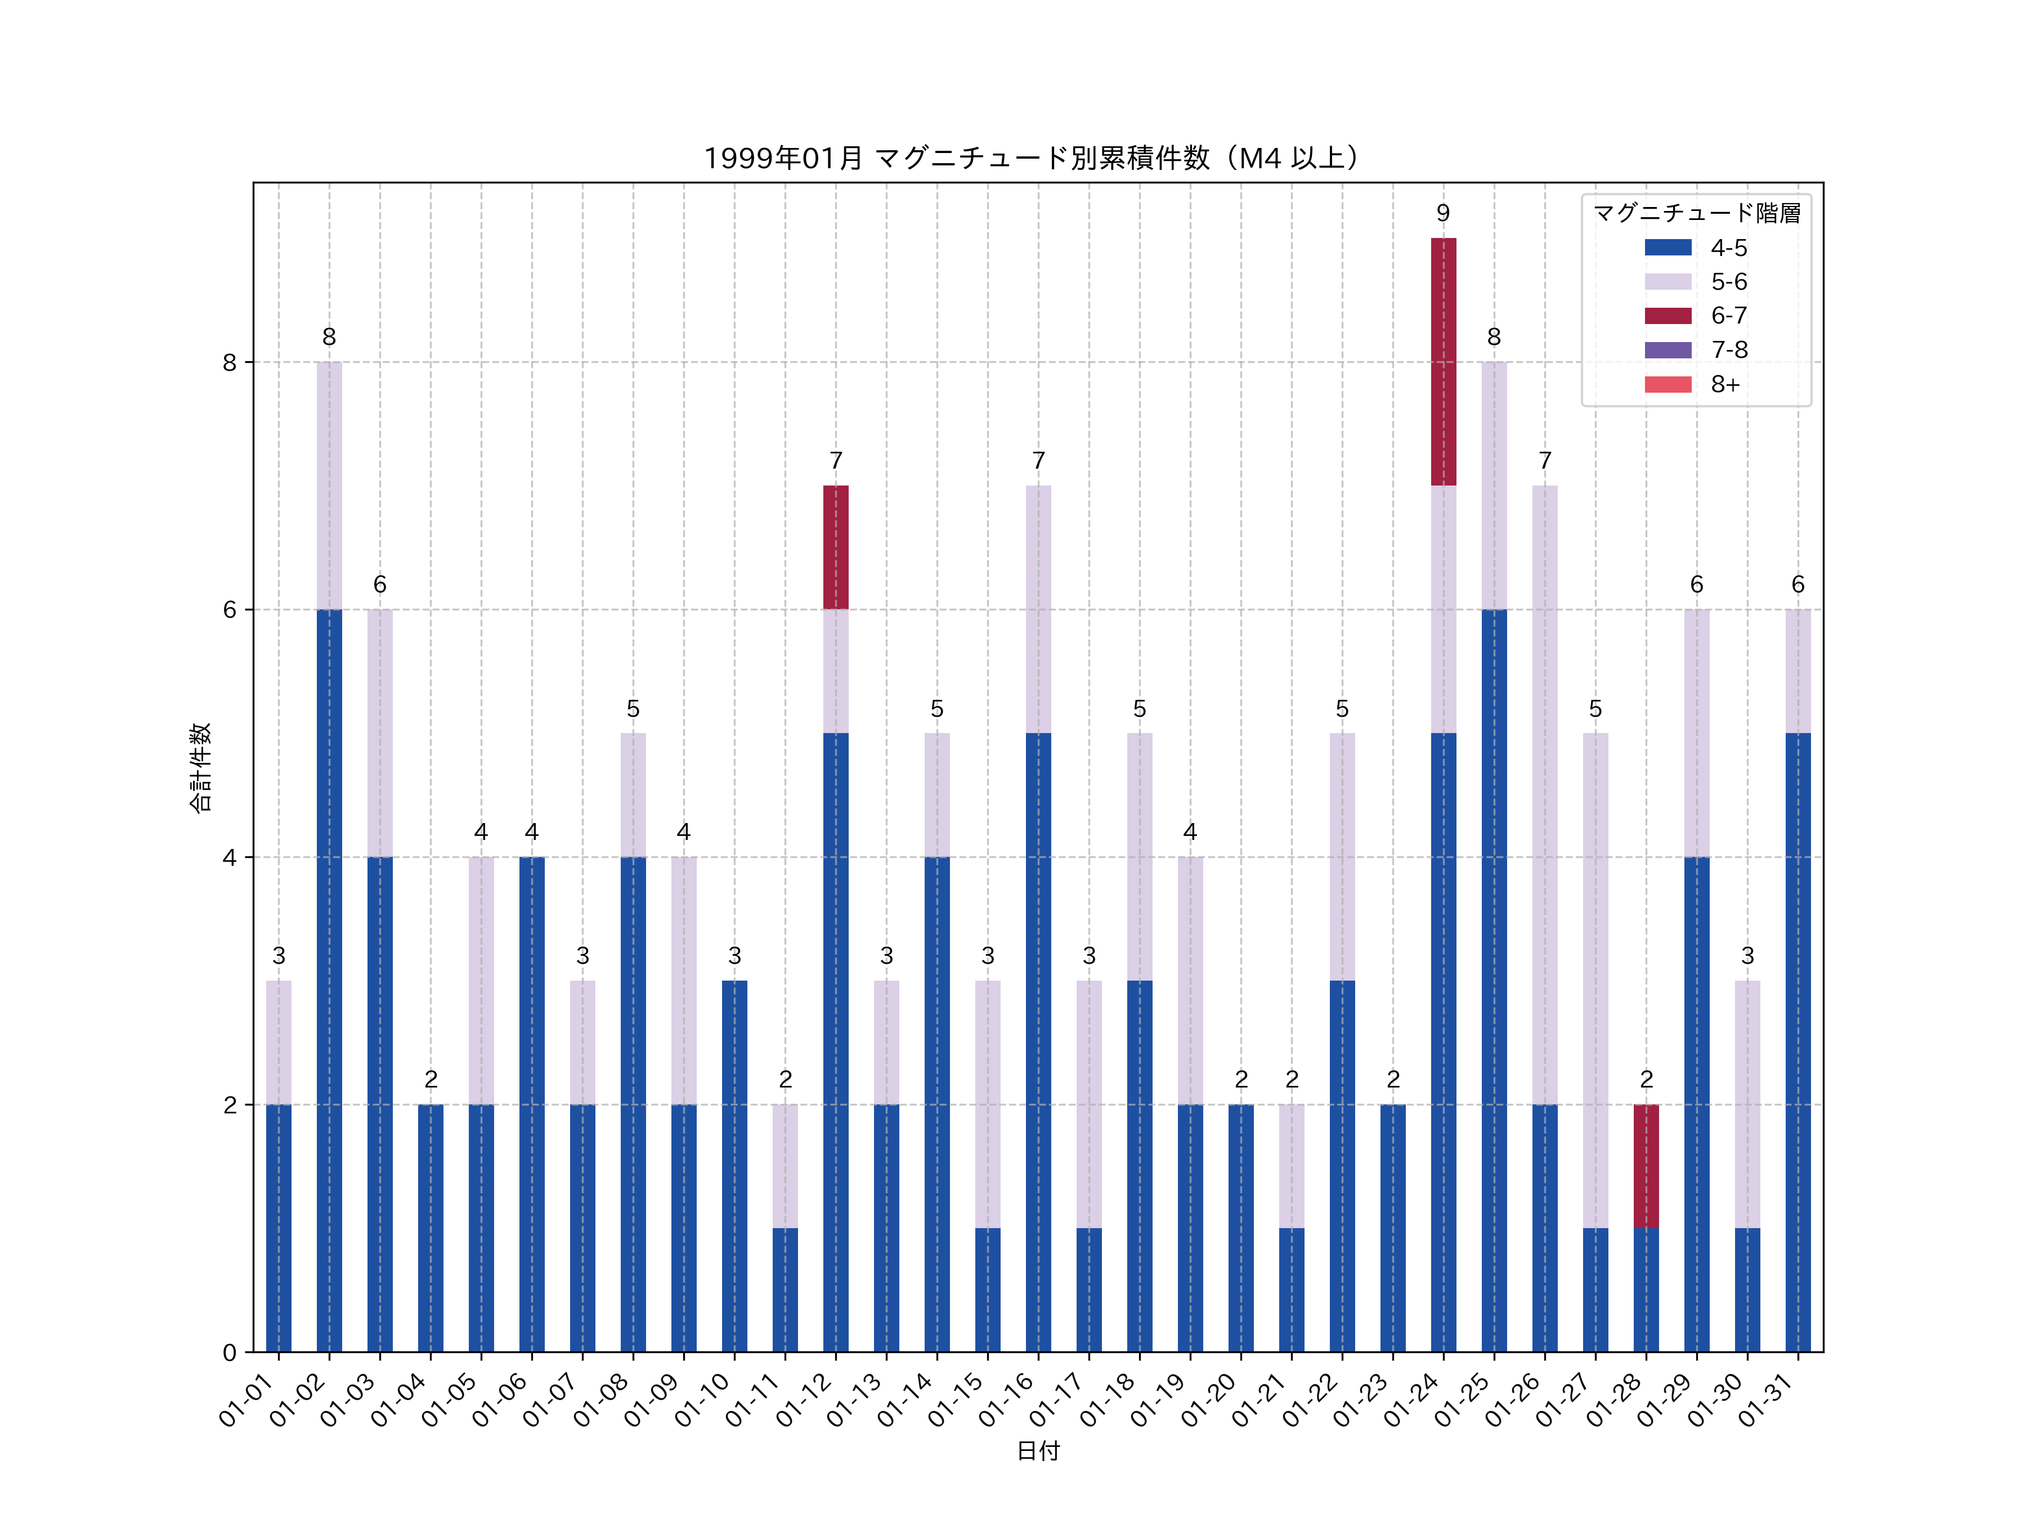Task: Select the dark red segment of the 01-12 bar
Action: pos(835,547)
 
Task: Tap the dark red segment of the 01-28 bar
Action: pos(1646,1166)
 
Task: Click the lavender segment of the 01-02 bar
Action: pos(329,486)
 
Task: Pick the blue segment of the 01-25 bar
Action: pos(1494,979)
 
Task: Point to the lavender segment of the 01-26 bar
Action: pos(1544,795)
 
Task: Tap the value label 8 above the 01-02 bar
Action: pos(329,337)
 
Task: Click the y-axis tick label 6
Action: pos(229,610)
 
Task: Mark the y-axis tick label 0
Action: pos(229,1352)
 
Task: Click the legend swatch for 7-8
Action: pos(1668,350)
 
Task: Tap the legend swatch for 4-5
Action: pos(1668,247)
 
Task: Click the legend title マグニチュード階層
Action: pos(1696,213)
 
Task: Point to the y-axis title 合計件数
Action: pos(200,767)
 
